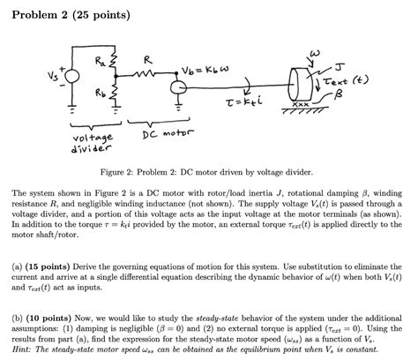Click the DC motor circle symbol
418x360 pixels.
[177, 87]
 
